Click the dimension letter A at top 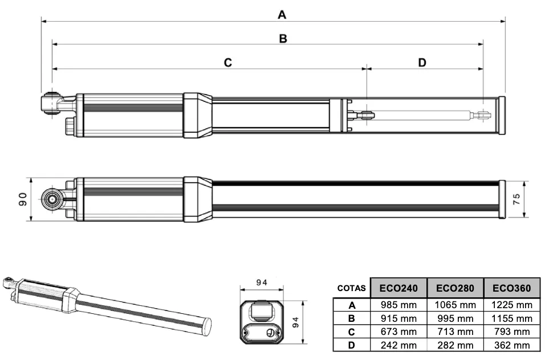tap(282, 15)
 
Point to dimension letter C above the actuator tap(227, 63)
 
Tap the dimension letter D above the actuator tap(422, 63)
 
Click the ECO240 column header tap(398, 288)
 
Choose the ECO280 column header tap(455, 288)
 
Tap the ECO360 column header tap(511, 288)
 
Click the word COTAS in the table tap(351, 288)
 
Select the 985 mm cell tap(398, 305)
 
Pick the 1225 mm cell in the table tap(511, 305)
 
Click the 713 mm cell tap(455, 332)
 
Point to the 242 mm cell tap(398, 345)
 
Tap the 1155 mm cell tap(511, 318)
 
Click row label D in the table tap(351, 345)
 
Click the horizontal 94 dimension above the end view tap(262, 283)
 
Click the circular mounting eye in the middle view tap(52, 199)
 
